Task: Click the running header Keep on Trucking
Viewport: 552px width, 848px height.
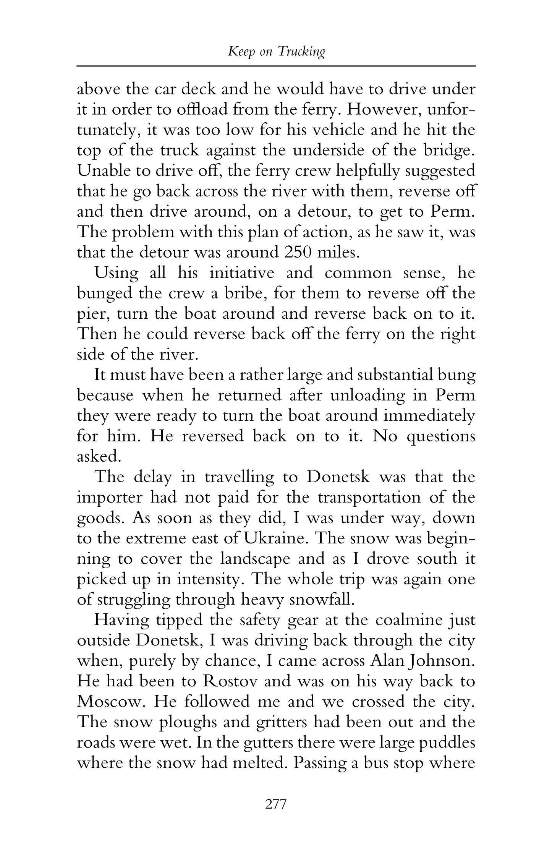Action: tap(276, 52)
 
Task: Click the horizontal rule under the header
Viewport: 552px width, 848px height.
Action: tap(276, 66)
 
